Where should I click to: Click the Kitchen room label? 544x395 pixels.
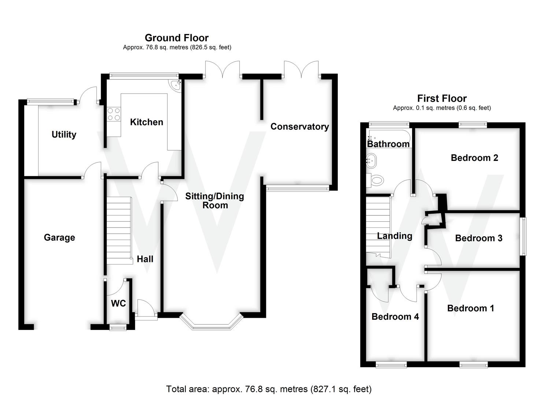pyautogui.click(x=147, y=122)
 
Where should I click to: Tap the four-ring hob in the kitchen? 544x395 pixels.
pyautogui.click(x=114, y=114)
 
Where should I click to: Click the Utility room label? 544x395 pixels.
pyautogui.click(x=64, y=135)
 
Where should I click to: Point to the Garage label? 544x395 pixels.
pyautogui.click(x=59, y=238)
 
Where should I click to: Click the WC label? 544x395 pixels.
pyautogui.click(x=118, y=303)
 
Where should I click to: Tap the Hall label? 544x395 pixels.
pyautogui.click(x=145, y=259)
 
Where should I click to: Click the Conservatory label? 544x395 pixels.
pyautogui.click(x=299, y=127)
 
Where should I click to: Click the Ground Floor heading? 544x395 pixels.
pyautogui.click(x=177, y=38)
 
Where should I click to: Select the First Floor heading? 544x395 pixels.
pyautogui.click(x=442, y=98)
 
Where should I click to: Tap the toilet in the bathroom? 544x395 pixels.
pyautogui.click(x=375, y=180)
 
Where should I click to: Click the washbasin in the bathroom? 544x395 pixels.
pyautogui.click(x=371, y=159)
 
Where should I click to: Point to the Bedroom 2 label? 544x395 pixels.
pyautogui.click(x=474, y=158)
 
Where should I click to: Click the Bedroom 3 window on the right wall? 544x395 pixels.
pyautogui.click(x=524, y=237)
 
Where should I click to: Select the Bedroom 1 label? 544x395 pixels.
pyautogui.click(x=470, y=308)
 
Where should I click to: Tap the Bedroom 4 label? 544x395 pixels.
pyautogui.click(x=395, y=317)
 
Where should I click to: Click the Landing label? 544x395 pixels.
pyautogui.click(x=395, y=236)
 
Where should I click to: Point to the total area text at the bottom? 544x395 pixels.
pyautogui.click(x=269, y=389)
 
